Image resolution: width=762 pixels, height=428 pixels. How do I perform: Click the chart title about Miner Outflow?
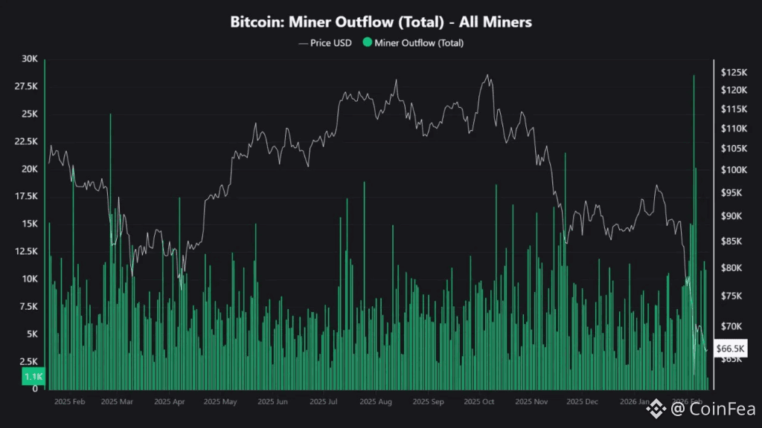point(381,22)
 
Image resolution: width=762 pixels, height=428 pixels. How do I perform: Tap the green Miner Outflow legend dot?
point(367,43)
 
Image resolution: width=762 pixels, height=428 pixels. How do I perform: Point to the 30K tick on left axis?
point(29,59)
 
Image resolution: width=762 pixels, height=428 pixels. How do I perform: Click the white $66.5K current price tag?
point(730,348)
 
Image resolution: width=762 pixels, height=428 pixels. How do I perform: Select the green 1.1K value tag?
point(33,377)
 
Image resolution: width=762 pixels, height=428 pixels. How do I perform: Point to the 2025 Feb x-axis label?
point(70,402)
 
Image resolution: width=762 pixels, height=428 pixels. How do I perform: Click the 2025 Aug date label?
point(375,402)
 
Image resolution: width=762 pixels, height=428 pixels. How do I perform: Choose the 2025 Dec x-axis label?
point(582,402)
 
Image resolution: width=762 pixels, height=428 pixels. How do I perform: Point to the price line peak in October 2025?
point(487,75)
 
